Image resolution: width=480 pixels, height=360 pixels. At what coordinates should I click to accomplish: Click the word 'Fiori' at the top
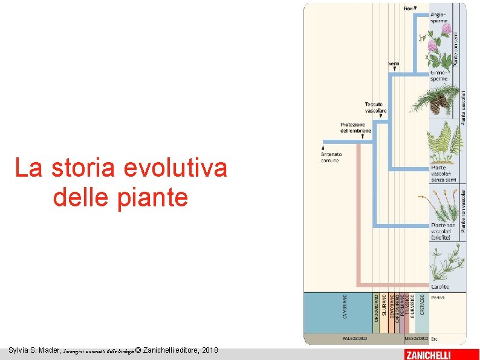click(408, 8)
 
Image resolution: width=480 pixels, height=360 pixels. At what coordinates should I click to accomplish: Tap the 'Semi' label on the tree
click(394, 63)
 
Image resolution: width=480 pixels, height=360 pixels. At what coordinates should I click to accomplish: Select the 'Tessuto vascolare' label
click(375, 108)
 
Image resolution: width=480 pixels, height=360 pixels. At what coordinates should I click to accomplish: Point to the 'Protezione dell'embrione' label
click(355, 127)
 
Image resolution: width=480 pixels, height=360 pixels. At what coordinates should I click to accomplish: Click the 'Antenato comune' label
click(331, 157)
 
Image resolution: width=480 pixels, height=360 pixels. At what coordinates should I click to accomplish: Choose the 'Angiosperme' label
click(439, 18)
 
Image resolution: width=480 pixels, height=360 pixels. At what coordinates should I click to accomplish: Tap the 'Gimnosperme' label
click(439, 76)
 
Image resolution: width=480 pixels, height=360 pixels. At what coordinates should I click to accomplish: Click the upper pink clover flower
click(446, 28)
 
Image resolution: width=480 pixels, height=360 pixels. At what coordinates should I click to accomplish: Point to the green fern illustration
click(446, 142)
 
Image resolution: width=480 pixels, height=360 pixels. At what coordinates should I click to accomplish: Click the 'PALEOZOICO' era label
click(354, 338)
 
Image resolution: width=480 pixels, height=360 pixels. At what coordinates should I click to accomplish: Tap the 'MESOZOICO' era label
click(416, 338)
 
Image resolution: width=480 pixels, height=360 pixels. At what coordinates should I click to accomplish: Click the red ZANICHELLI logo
click(427, 355)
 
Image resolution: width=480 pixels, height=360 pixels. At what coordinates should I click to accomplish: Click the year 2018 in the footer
click(210, 350)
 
